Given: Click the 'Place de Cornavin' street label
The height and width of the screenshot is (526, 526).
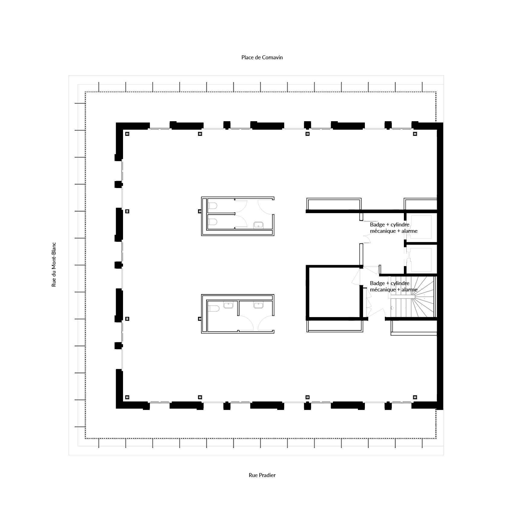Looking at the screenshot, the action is (x=262, y=57).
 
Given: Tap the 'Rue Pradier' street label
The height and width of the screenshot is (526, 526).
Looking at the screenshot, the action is (x=262, y=475).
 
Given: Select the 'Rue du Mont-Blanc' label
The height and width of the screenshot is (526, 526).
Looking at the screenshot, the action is (x=54, y=264).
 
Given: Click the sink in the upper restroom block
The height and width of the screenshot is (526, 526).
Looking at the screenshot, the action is (x=258, y=225).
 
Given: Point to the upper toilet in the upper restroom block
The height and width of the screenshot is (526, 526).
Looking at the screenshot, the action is (x=213, y=206).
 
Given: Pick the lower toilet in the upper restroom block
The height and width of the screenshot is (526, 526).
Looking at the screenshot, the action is (x=213, y=222).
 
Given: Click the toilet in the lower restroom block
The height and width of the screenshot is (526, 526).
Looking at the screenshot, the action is (x=214, y=308).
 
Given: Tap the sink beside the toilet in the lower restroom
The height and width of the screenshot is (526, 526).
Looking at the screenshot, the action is (x=228, y=305).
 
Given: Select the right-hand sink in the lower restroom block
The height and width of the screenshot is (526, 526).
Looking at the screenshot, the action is (x=258, y=305).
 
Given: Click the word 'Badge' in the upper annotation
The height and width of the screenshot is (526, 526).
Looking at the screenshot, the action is (x=377, y=225).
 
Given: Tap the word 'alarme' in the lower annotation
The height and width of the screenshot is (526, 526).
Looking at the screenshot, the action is (x=409, y=290).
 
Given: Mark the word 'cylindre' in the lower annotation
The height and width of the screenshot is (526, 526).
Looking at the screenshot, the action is (x=400, y=283).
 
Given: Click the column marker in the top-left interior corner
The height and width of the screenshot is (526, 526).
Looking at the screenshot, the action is (x=127, y=134).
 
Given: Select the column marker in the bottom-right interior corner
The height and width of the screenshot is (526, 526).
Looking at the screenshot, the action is (x=415, y=397).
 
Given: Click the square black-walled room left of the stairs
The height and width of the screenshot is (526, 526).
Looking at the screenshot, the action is (x=334, y=292).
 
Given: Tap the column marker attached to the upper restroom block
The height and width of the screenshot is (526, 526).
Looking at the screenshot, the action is (x=200, y=211).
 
